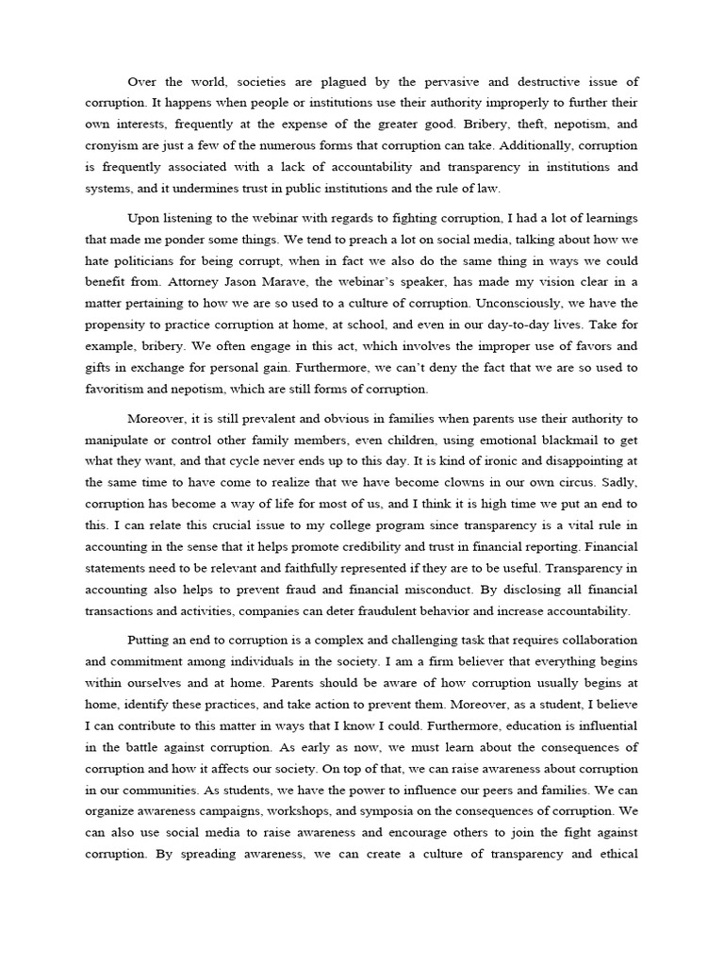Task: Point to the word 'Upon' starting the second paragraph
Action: [x=144, y=216]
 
